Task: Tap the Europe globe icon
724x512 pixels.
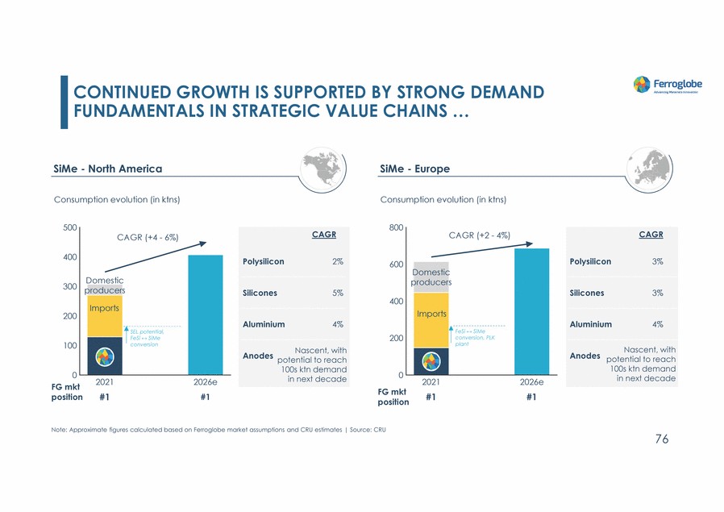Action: click(655, 168)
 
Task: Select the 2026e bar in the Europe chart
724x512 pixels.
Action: click(531, 311)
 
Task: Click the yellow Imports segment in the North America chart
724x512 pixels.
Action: click(105, 316)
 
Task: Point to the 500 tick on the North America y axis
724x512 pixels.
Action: click(69, 228)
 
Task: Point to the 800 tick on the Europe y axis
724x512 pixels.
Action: click(395, 228)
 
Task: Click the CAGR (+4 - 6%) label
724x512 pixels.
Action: click(148, 237)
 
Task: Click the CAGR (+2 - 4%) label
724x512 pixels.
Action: click(479, 235)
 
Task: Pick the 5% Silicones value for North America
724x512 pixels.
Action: click(337, 293)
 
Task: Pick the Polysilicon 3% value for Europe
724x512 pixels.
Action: click(657, 261)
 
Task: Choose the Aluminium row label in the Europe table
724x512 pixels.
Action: click(590, 324)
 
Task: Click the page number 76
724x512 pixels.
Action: click(661, 439)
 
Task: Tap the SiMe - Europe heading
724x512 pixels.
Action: click(414, 169)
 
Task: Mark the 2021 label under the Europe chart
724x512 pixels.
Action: click(431, 382)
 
